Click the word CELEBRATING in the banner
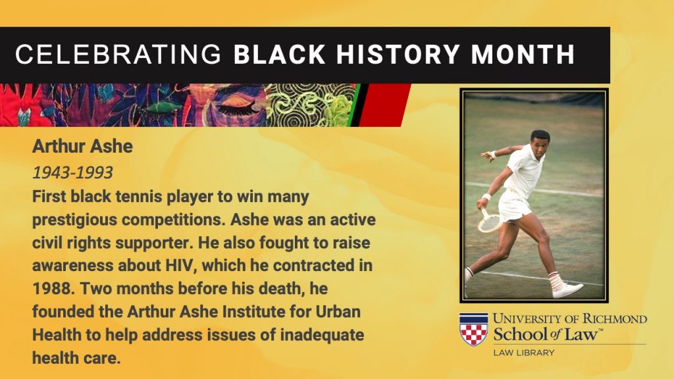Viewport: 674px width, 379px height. click(118, 55)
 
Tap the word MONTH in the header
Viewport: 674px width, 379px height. click(523, 55)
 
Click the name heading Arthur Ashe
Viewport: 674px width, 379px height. click(82, 147)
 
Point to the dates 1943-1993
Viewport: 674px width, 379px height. click(72, 173)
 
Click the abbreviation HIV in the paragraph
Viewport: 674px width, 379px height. click(180, 265)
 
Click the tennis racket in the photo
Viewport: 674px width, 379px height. click(490, 221)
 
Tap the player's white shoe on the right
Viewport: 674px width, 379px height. click(567, 290)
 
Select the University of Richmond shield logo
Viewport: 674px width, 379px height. click(474, 329)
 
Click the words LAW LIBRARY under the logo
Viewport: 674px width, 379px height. click(524, 353)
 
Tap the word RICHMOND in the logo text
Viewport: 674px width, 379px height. click(614, 319)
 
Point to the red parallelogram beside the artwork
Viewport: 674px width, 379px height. click(384, 105)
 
